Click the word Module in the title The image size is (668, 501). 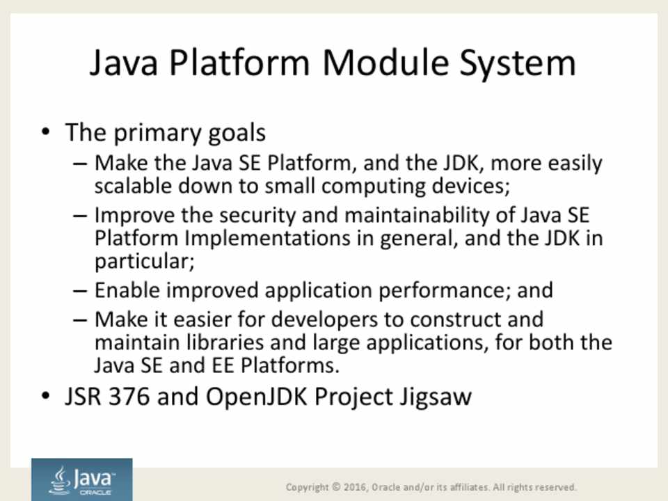[x=385, y=63]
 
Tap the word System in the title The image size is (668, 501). [x=518, y=64]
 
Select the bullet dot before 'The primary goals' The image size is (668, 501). [x=46, y=132]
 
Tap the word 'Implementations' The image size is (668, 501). [x=267, y=238]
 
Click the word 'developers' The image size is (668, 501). [x=325, y=320]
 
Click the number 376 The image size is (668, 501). [x=129, y=397]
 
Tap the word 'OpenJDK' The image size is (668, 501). [x=257, y=397]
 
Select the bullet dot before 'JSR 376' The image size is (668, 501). [x=46, y=395]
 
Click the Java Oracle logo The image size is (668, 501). [x=82, y=479]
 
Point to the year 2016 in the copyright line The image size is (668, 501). [x=355, y=487]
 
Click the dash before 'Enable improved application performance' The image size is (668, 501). [x=80, y=292]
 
